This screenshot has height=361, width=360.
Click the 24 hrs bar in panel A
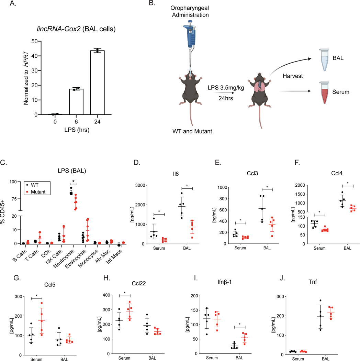[97, 83]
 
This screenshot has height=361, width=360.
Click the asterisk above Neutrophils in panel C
[74, 181]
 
